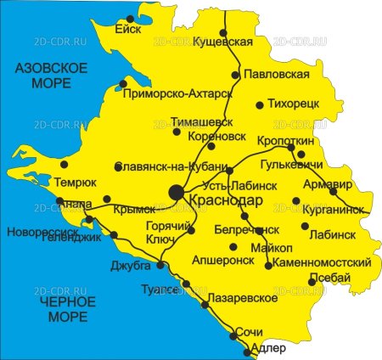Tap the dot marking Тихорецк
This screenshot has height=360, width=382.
[260, 105]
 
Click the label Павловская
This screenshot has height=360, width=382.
[276, 75]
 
